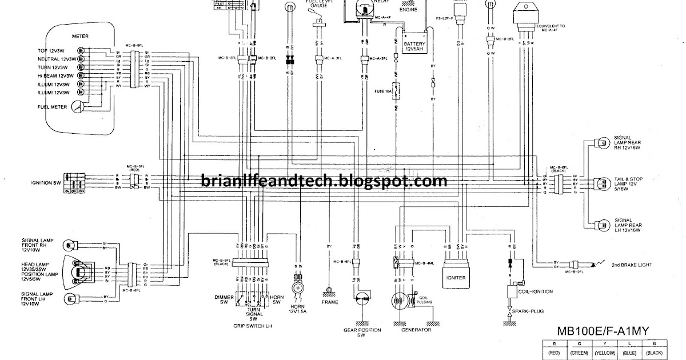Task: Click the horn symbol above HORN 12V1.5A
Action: coord(298,287)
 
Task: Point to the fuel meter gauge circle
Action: coord(77,107)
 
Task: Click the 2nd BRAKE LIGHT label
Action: coord(632,265)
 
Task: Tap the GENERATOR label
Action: coord(416,330)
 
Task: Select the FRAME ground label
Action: coord(330,302)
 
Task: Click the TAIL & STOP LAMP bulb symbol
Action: coord(601,184)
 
